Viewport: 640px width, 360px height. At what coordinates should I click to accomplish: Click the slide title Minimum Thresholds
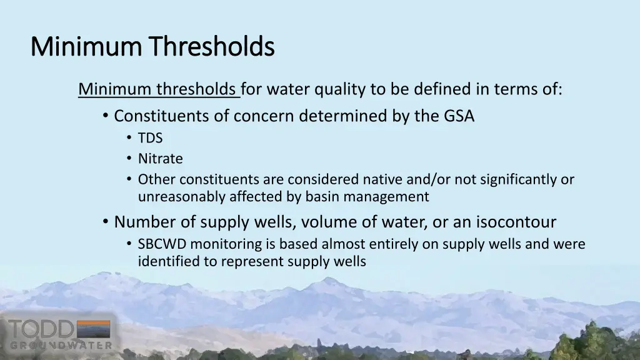tap(152, 46)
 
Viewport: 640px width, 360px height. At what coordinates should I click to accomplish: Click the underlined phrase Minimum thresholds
tap(158, 90)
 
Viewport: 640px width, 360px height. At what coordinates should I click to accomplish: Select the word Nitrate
tap(160, 159)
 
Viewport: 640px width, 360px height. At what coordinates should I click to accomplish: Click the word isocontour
tap(516, 222)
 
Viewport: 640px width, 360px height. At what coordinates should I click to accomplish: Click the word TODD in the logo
tap(41, 329)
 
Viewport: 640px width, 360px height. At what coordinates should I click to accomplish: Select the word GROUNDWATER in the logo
tap(61, 345)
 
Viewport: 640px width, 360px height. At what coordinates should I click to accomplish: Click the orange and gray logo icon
tap(93, 329)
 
